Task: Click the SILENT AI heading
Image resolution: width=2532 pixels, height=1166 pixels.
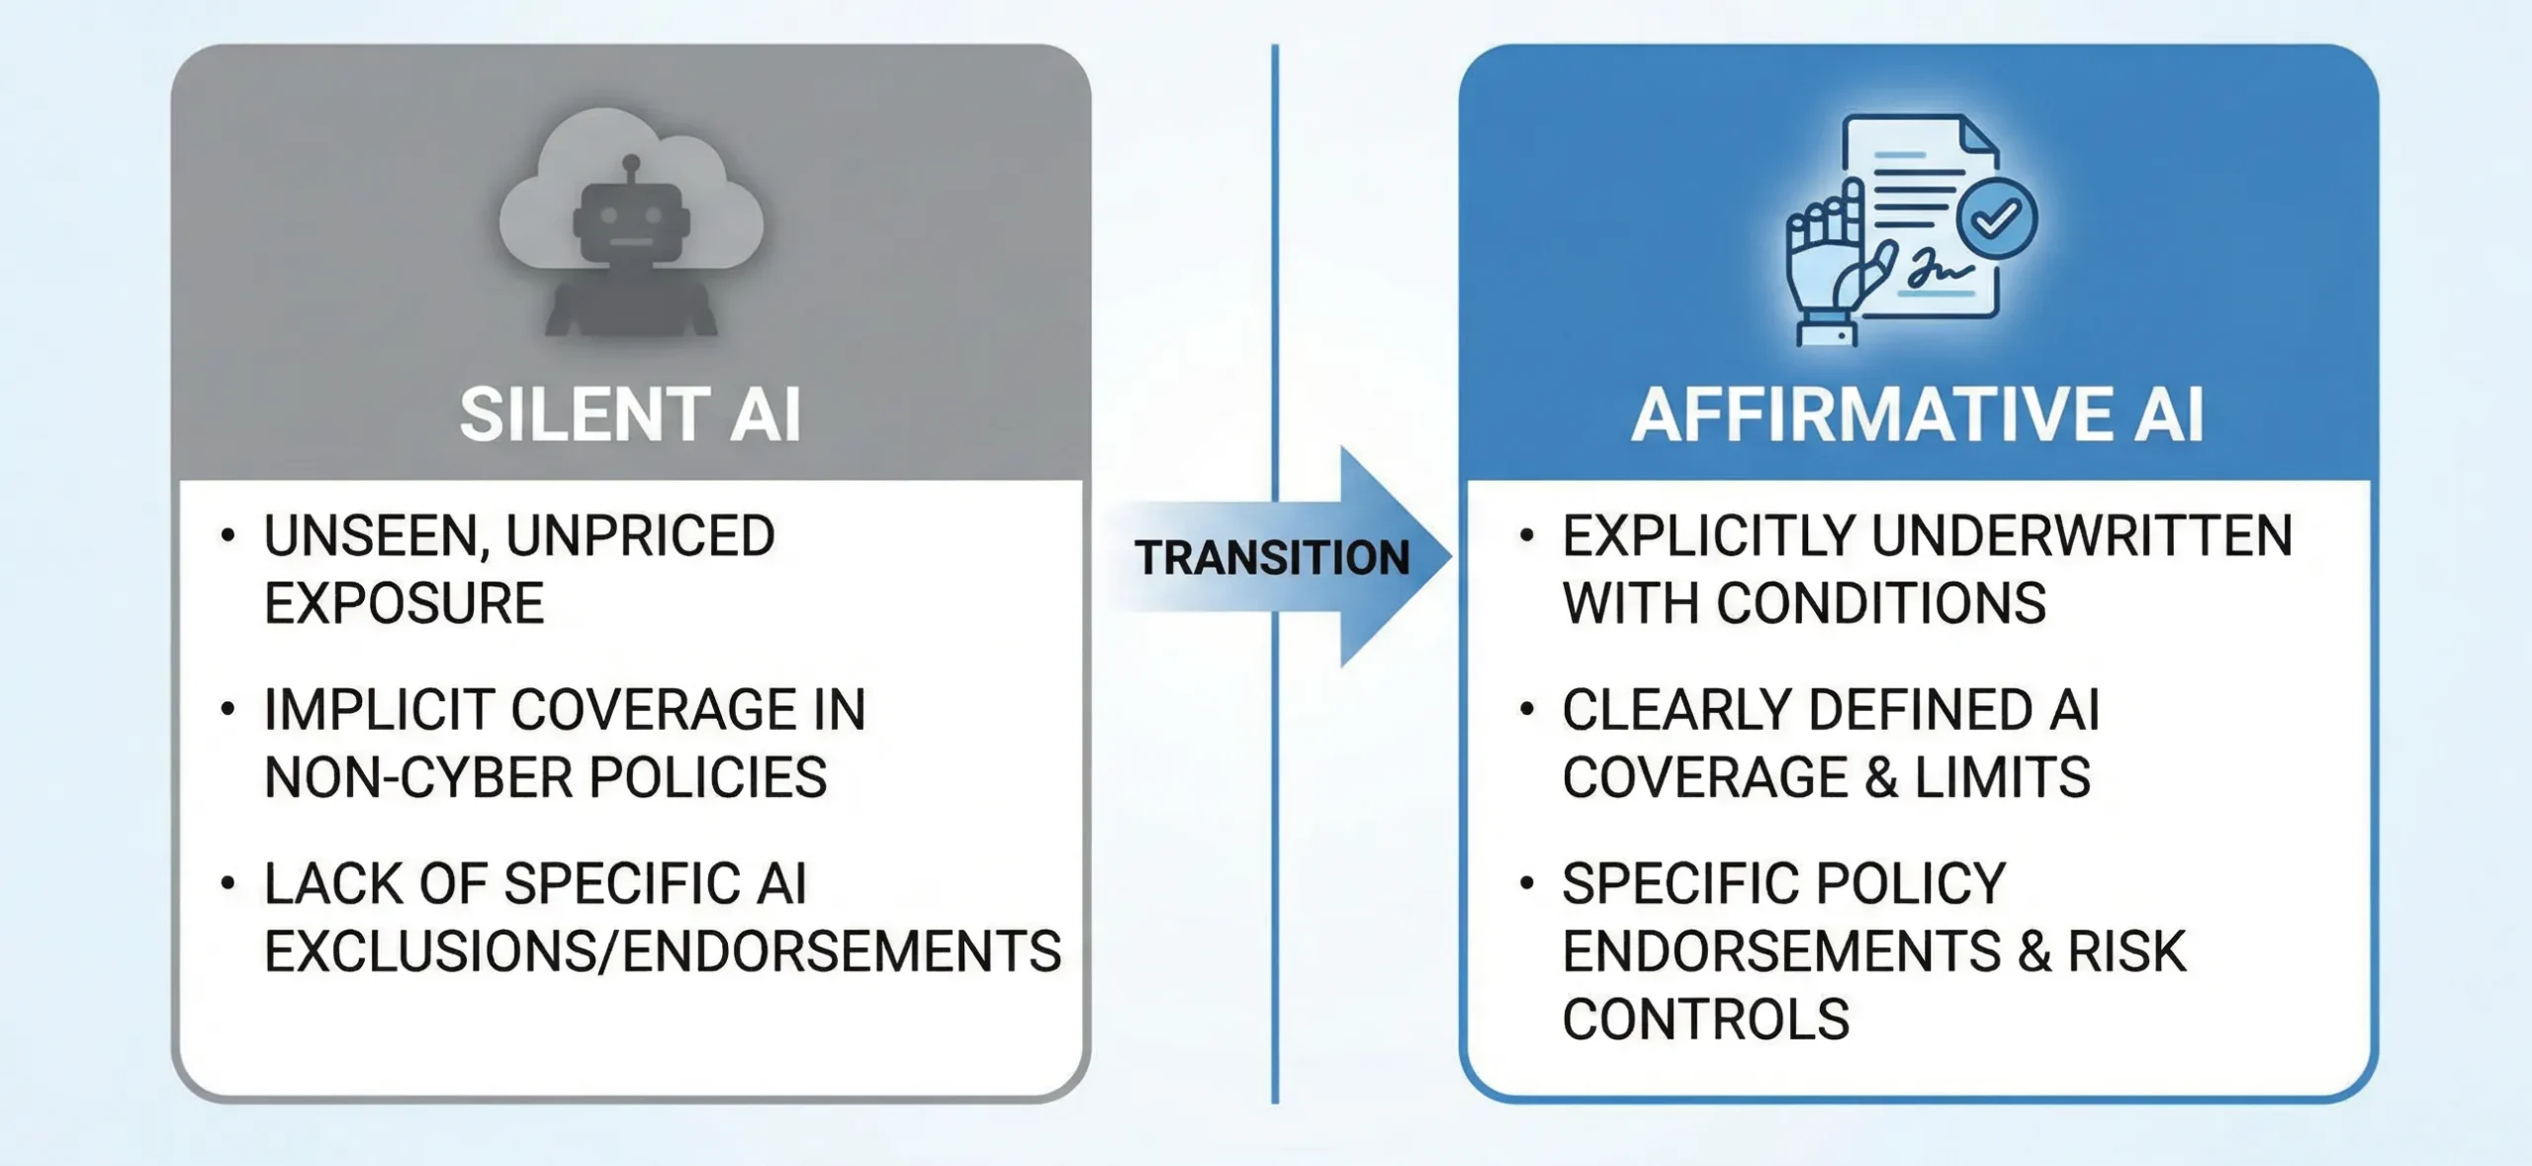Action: tap(630, 414)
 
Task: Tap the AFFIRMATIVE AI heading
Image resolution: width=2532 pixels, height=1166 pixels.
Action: tap(1917, 414)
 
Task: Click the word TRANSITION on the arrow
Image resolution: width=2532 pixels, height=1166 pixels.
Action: tap(1272, 558)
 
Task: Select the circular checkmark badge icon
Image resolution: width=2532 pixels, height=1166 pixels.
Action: tap(1997, 219)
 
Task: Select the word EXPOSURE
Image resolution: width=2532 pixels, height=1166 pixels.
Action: tap(404, 603)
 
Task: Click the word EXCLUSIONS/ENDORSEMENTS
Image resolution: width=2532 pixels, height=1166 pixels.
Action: tap(663, 951)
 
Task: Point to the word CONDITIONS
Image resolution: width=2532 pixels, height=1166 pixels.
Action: tap(1880, 603)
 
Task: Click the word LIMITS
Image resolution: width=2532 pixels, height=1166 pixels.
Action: tap(2002, 777)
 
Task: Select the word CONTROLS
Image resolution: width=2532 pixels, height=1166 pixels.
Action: tap(1705, 1020)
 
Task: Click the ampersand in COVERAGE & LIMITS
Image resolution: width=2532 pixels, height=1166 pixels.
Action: tap(1881, 777)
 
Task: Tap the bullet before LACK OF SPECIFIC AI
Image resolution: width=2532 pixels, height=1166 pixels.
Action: tap(228, 882)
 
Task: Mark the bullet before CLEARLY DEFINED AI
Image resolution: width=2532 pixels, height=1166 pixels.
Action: tap(1527, 709)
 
